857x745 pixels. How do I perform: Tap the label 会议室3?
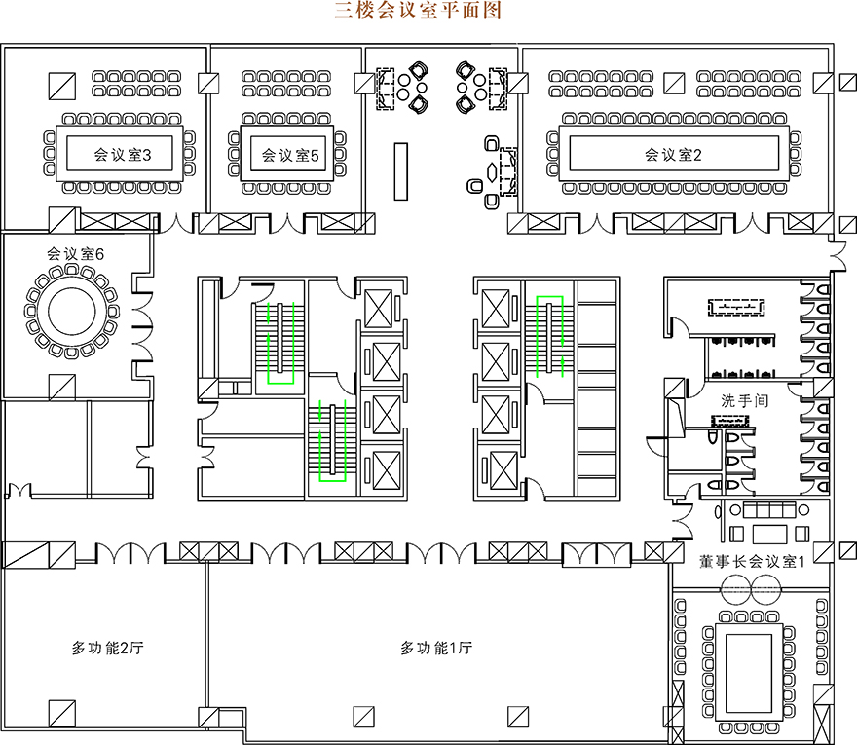tap(121, 154)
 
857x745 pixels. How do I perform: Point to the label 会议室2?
tap(673, 154)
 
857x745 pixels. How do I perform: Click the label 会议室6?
tap(75, 253)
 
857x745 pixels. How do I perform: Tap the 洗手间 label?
tap(745, 400)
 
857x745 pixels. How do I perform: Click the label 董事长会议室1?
tap(751, 562)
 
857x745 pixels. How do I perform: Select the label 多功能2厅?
tap(108, 647)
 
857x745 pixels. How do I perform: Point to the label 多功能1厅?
tap(436, 647)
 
